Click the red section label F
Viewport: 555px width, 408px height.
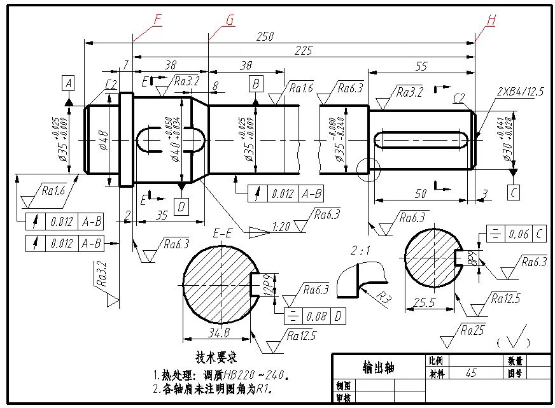pyautogui.click(x=157, y=20)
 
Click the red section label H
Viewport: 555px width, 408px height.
pyautogui.click(x=491, y=20)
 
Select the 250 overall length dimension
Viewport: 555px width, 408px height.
pyautogui.click(x=265, y=37)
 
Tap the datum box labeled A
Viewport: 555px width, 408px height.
pyautogui.click(x=69, y=83)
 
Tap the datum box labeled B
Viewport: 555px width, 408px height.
pyautogui.click(x=256, y=83)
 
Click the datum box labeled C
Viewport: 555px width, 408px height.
pyautogui.click(x=514, y=190)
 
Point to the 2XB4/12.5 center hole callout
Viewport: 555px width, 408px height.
pyautogui.click(x=520, y=92)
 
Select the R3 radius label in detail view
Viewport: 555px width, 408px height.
pyautogui.click(x=382, y=297)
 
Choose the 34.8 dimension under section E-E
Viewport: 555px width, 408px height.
pyautogui.click(x=218, y=332)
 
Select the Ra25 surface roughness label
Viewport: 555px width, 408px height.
pyautogui.click(x=472, y=329)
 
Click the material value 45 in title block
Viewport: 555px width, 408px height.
pyautogui.click(x=472, y=374)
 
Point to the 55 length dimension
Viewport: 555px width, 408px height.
pyautogui.click(x=421, y=66)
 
